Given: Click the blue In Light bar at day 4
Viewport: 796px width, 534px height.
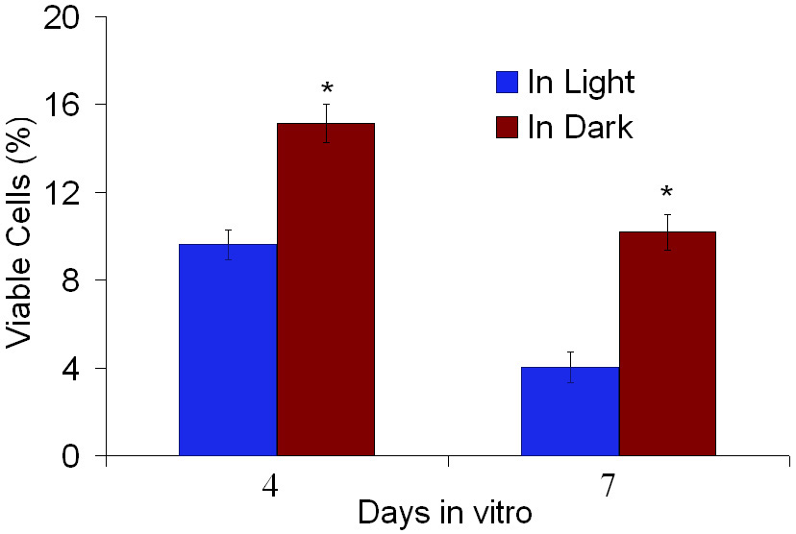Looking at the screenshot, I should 228,351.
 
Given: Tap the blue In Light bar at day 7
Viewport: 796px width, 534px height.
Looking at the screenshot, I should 570,411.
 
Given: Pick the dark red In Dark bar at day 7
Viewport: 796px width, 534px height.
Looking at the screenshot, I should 667,344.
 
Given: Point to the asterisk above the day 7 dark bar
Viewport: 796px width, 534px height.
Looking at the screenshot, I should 667,193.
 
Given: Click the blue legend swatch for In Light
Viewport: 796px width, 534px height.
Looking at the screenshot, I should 506,83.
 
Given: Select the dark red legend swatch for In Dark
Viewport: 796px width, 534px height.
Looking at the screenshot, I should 506,127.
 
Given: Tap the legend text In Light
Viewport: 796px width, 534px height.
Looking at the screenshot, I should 581,83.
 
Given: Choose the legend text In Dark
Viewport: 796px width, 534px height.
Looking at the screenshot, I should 581,127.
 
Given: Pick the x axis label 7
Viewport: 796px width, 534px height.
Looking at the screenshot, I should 609,486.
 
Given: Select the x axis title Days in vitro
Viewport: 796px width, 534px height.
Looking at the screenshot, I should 444,513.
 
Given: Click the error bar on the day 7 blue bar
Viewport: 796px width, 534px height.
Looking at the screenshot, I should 570,367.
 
